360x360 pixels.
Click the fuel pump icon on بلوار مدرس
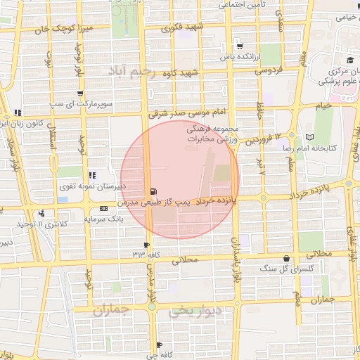pos(153,191)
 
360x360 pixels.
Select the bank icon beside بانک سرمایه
pos(104,208)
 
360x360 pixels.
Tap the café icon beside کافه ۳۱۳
pos(137,253)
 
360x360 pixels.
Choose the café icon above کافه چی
pos(159,345)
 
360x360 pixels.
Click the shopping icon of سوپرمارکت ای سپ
pos(81,93)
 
